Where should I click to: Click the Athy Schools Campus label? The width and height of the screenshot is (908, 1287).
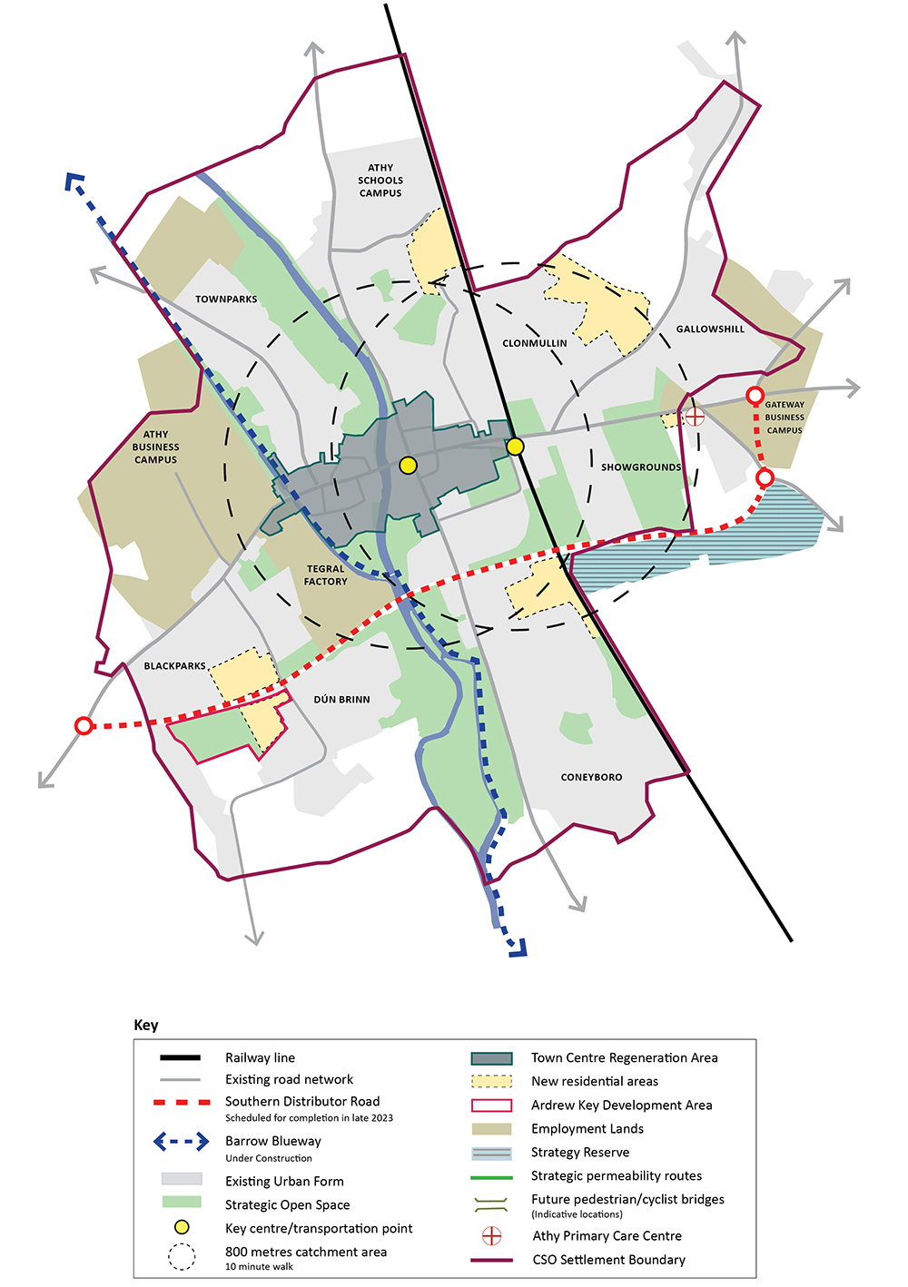(x=380, y=181)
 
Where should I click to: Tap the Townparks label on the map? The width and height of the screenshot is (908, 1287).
(x=226, y=300)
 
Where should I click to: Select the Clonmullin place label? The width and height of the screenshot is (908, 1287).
(x=534, y=344)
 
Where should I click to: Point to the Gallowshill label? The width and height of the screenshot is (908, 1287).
(x=710, y=329)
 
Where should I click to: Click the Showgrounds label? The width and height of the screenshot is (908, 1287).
(x=640, y=467)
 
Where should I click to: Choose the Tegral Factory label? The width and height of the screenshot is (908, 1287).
(x=325, y=575)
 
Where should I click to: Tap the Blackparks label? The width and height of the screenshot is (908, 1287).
(x=174, y=666)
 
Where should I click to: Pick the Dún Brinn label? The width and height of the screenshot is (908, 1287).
(x=341, y=700)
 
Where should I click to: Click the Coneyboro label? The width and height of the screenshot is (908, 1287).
(x=591, y=778)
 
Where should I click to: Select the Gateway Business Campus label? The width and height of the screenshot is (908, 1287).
(x=785, y=418)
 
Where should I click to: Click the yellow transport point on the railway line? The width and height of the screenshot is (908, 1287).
(x=515, y=447)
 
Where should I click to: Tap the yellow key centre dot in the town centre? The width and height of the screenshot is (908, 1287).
(x=408, y=466)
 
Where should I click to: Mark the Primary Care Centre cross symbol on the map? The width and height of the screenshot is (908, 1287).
(x=695, y=417)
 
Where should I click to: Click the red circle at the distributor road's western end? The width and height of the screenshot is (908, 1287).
(x=84, y=725)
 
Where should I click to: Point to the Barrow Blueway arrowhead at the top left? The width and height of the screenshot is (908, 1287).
(x=73, y=181)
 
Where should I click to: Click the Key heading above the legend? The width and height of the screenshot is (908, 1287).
(x=146, y=1025)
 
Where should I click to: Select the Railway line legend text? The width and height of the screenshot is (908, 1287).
(x=260, y=1057)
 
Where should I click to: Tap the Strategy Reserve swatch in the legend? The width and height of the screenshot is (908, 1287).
(x=491, y=1154)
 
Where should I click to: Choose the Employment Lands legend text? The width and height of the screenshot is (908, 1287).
(x=587, y=1129)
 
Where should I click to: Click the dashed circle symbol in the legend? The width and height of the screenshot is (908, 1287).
(x=182, y=1257)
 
